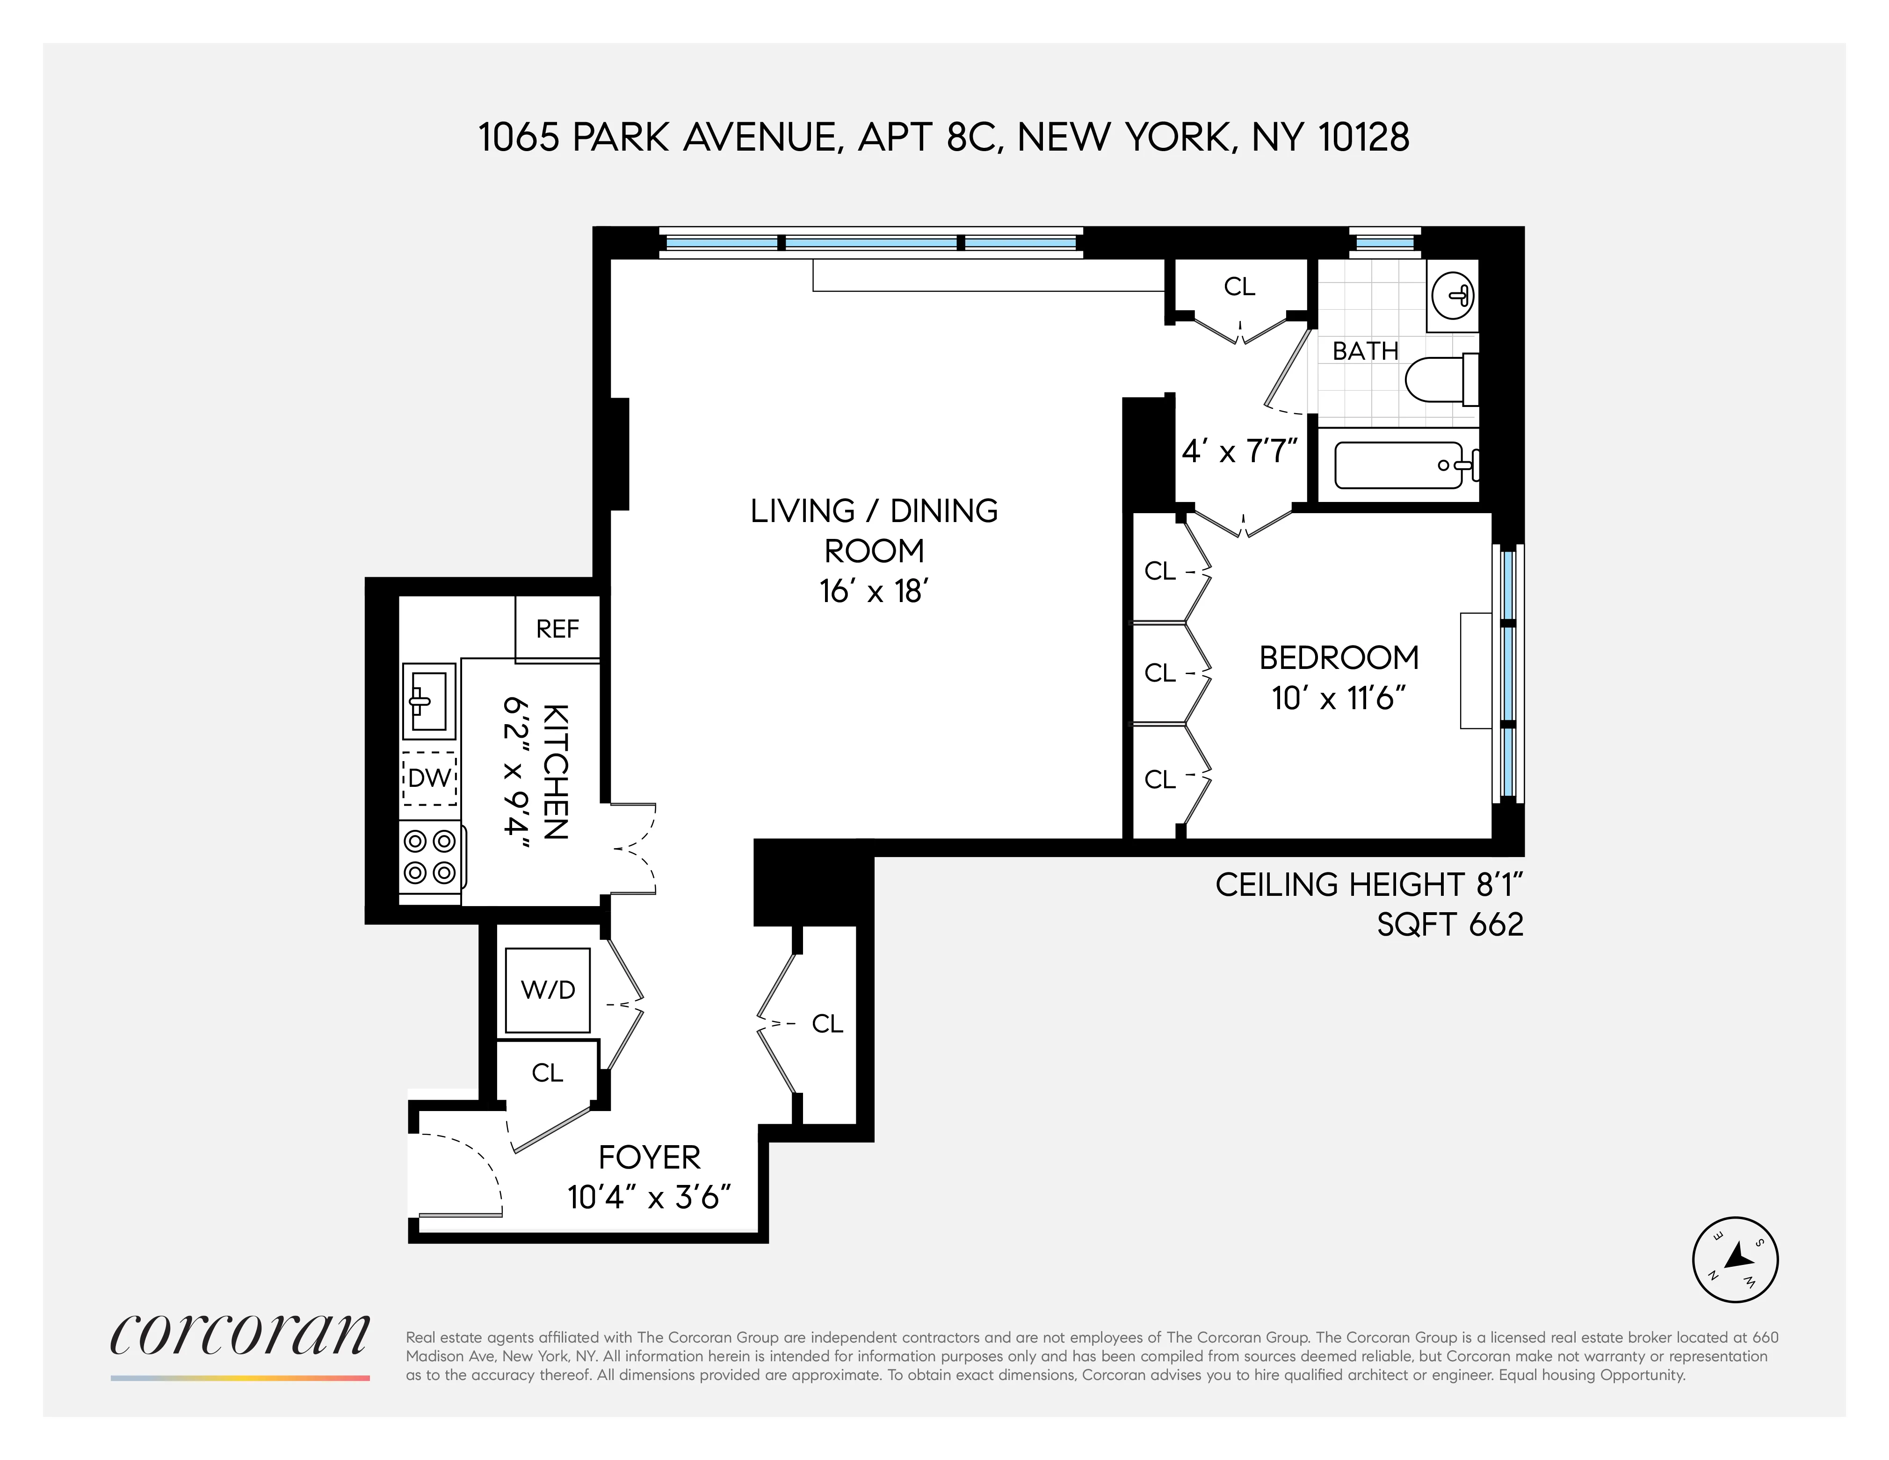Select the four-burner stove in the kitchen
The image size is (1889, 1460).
pos(431,857)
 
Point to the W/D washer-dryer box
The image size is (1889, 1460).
pos(548,989)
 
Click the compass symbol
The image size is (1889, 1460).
pos(1734,1259)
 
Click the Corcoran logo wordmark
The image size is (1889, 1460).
pos(240,1337)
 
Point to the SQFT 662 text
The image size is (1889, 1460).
pos(1450,925)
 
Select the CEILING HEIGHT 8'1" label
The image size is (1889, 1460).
pos(1368,885)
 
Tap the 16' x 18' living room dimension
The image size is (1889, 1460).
pos(874,592)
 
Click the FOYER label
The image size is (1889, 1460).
pos(650,1157)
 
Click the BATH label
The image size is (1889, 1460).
pos(1365,351)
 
